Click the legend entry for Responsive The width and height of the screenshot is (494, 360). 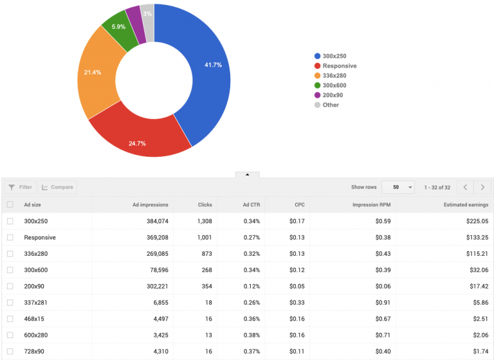(339, 66)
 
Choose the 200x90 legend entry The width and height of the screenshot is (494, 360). (333, 95)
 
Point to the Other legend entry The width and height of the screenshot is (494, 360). (331, 105)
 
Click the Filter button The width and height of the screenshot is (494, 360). (20, 187)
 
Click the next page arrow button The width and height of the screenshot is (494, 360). (482, 187)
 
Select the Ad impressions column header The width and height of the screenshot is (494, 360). (150, 205)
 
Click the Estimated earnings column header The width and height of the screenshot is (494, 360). (466, 205)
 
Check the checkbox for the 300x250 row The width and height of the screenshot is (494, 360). (10, 221)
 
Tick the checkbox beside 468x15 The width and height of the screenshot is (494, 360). (10, 318)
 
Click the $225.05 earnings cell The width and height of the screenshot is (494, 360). (476, 221)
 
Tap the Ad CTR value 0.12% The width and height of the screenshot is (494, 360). (252, 286)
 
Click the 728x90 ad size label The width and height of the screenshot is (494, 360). (35, 351)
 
